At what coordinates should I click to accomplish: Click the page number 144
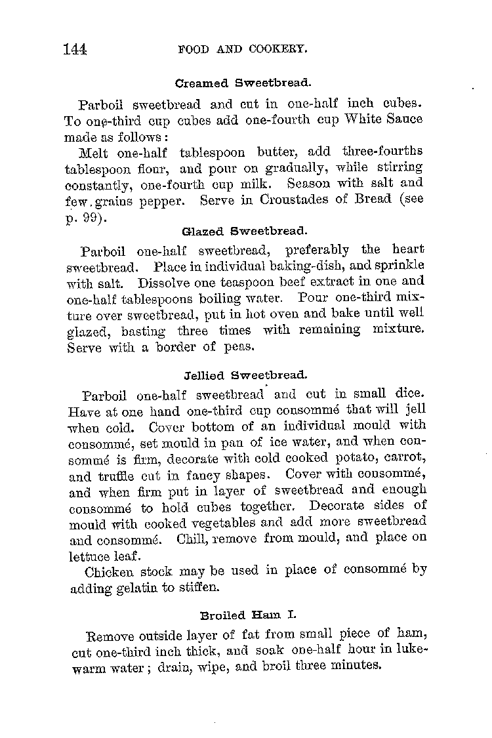(75, 49)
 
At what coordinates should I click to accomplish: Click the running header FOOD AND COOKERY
(243, 49)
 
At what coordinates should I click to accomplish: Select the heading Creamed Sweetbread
(243, 83)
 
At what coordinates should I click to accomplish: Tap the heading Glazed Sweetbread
(244, 231)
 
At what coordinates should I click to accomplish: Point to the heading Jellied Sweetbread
(244, 376)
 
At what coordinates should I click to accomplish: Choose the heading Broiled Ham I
(248, 615)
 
